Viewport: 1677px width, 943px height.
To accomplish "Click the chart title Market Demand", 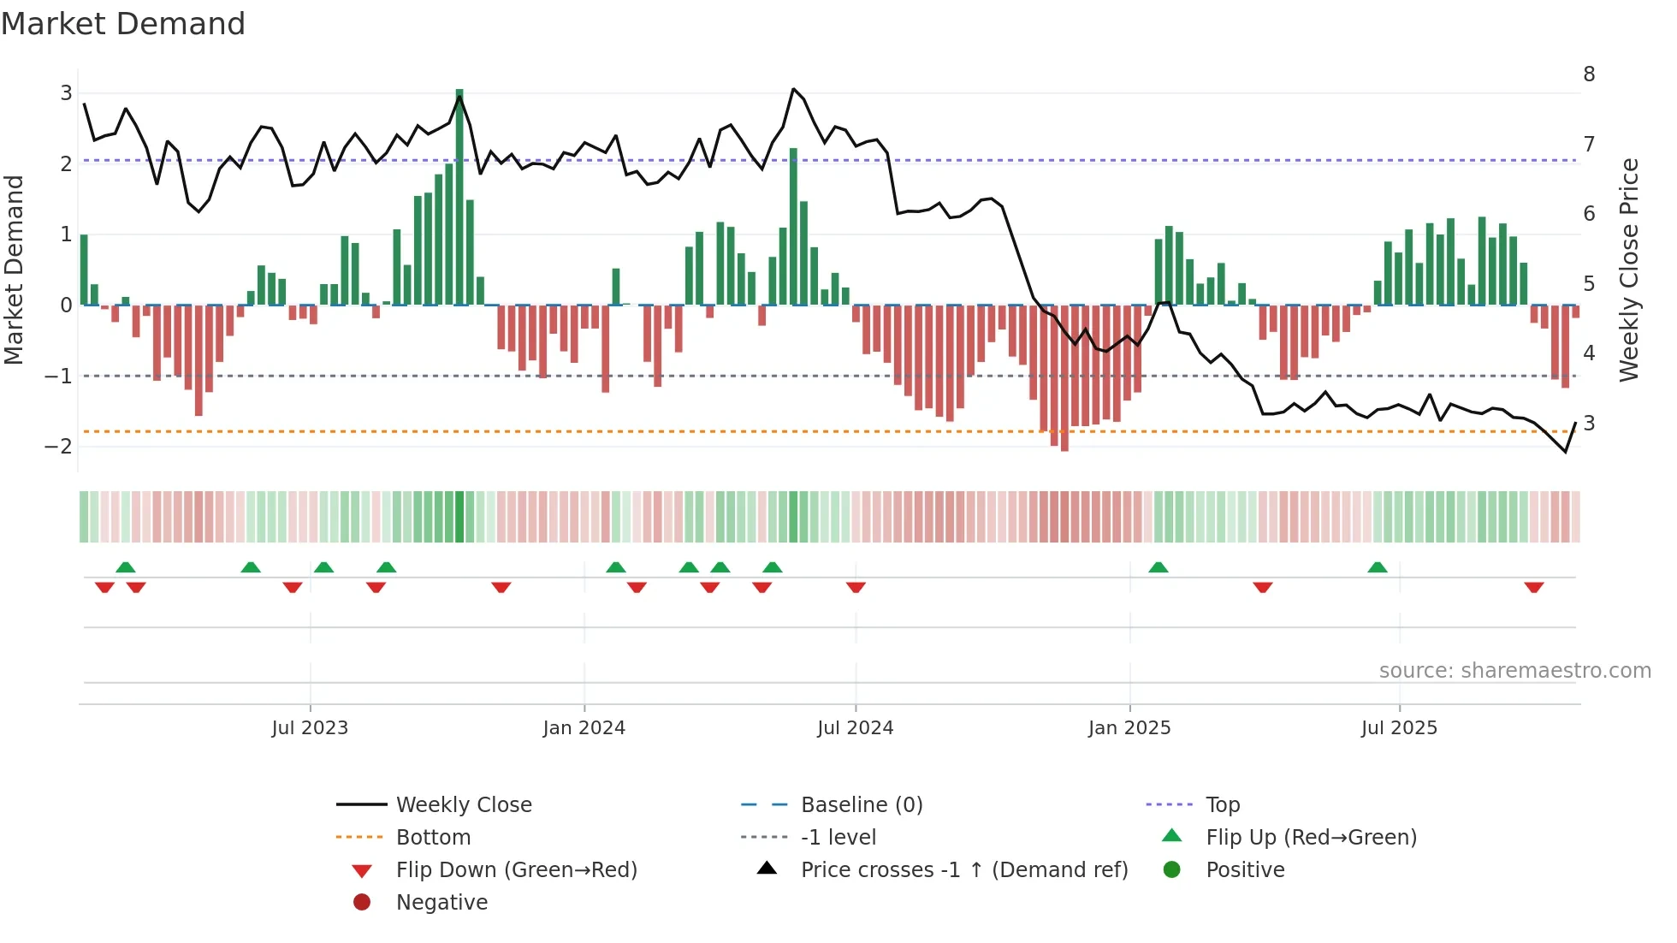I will [123, 24].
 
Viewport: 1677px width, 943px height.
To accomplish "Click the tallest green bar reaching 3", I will [459, 197].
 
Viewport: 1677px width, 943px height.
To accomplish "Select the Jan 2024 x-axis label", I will [584, 728].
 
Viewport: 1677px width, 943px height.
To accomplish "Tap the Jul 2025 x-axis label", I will [1399, 728].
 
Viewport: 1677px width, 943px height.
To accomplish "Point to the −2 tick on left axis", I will [59, 447].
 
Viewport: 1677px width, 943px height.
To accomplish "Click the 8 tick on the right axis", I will [1589, 74].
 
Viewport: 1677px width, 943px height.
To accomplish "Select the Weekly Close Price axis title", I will [1629, 270].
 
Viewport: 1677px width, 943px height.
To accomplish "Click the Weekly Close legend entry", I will [463, 805].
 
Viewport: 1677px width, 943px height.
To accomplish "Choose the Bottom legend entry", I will [433, 838].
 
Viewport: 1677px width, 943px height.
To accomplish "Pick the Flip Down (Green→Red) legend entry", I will [516, 870].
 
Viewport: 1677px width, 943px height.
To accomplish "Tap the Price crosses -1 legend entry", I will [963, 870].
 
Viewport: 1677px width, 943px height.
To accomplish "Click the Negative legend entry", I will [441, 903].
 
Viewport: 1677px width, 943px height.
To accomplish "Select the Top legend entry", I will [1222, 805].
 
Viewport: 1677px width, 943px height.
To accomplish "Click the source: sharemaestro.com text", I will [1514, 671].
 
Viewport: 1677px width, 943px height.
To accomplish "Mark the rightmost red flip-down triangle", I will [1533, 587].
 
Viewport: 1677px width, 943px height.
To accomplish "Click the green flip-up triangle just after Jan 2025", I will [1158, 567].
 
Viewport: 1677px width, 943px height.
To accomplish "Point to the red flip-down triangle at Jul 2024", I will [856, 587].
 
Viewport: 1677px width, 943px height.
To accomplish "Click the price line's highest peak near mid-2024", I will [794, 89].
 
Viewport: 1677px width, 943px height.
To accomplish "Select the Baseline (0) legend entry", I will [861, 805].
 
